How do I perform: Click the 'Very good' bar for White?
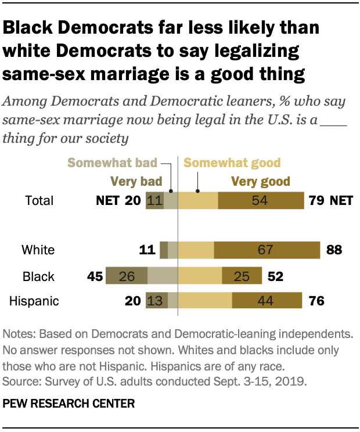267,250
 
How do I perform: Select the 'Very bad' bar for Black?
126,276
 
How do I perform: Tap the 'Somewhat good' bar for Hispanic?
205,301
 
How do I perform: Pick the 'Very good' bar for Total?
261,200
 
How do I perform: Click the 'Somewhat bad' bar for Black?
162,276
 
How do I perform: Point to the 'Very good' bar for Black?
242,276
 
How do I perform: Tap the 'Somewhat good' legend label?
232,163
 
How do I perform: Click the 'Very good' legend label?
261,181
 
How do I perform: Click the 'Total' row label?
39,201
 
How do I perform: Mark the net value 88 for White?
334,250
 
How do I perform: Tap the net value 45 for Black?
95,276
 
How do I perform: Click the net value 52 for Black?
275,276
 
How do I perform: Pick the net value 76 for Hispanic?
316,301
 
